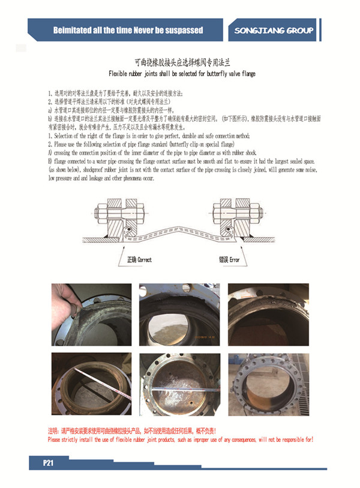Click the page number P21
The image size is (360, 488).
49,463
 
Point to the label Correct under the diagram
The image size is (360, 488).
144,260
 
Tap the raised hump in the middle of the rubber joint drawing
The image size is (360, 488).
179,230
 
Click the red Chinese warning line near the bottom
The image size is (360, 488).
131,431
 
